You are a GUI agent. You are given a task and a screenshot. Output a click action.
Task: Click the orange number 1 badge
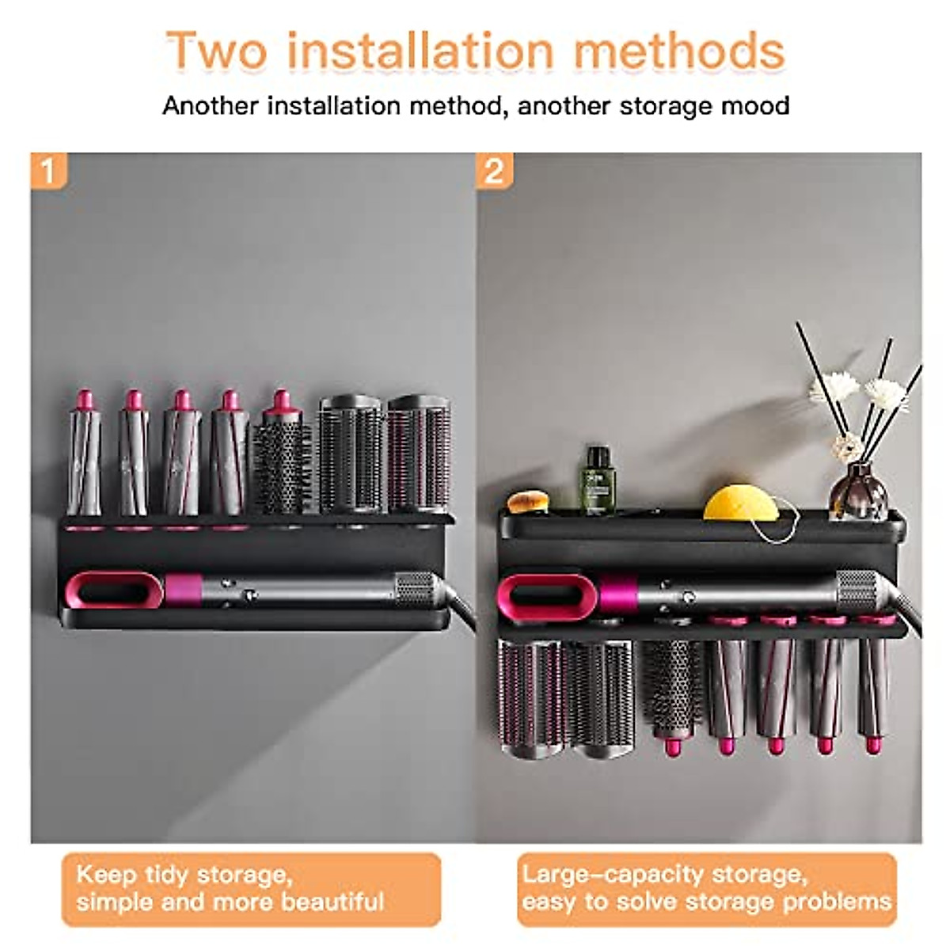click(48, 170)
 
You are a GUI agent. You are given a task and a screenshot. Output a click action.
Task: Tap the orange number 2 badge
click(494, 170)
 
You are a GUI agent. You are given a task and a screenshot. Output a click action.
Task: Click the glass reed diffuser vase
click(859, 491)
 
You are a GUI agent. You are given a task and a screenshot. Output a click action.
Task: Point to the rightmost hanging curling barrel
click(873, 685)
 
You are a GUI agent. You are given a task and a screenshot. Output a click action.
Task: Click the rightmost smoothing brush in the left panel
click(418, 455)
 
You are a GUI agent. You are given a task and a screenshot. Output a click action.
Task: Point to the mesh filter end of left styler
click(415, 589)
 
